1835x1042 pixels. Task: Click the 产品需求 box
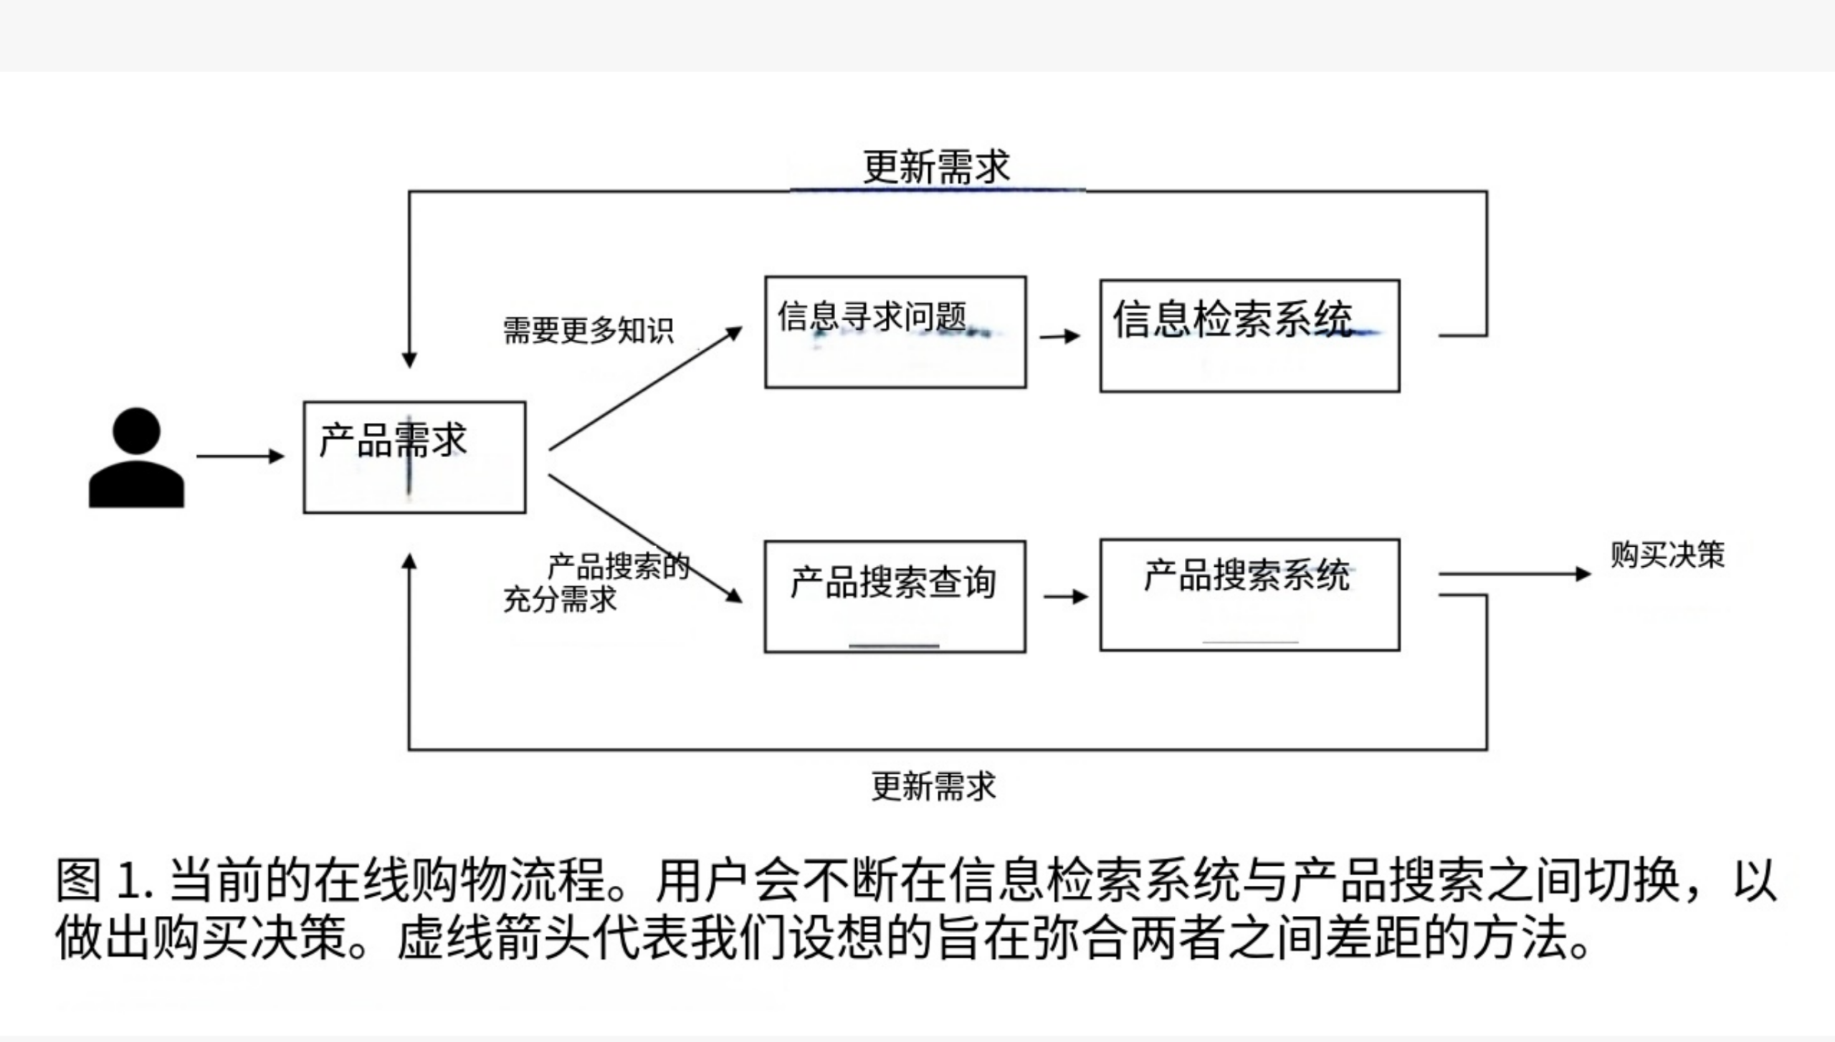pos(414,457)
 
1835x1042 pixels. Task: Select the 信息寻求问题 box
pos(895,333)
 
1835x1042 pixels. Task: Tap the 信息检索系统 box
pos(1249,335)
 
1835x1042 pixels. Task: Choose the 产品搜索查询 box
pos(895,596)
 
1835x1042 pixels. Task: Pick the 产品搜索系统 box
pos(1249,595)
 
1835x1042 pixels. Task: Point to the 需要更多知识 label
pos(588,330)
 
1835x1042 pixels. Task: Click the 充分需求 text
pos(560,600)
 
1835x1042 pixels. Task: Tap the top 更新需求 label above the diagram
pos(936,167)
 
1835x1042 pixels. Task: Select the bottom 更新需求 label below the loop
pos(933,786)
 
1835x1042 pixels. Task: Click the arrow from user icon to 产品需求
pos(240,456)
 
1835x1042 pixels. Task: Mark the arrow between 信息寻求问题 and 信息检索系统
pos(1059,335)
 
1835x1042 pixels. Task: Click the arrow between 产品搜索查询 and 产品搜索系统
pos(1065,596)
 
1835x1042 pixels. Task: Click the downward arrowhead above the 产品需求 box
pos(409,358)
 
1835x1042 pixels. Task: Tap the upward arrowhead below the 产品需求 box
pos(409,562)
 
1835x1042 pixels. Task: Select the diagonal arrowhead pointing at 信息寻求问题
pos(733,334)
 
